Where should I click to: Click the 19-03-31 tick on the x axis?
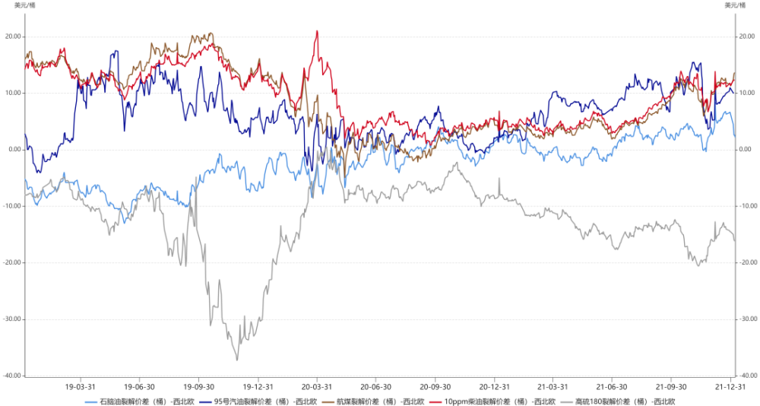tap(80, 386)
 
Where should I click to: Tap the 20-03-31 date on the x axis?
tap(317, 386)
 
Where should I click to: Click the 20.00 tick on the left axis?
tap(13, 36)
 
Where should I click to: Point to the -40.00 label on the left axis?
tap(11, 376)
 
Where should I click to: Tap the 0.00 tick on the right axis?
tap(746, 149)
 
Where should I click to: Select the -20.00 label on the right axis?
tap(748, 262)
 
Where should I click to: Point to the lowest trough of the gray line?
tap(238, 360)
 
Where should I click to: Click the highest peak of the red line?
tap(316, 31)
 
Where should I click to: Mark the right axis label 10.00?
tap(747, 93)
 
